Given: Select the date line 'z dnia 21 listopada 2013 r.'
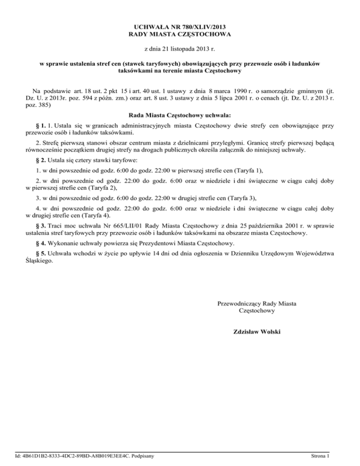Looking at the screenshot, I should pyautogui.click(x=180, y=48).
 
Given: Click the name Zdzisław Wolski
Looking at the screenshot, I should pyautogui.click(x=257, y=332).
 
